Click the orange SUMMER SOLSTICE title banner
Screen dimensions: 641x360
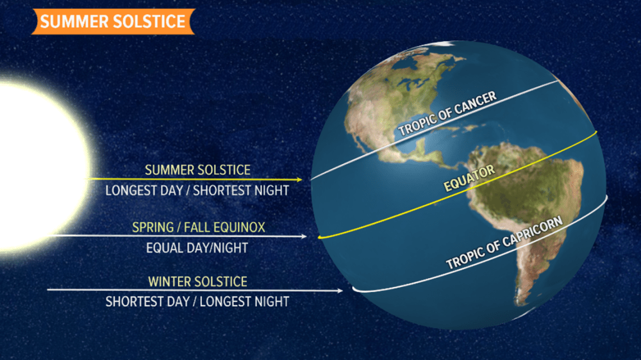113,21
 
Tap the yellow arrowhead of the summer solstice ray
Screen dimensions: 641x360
299,179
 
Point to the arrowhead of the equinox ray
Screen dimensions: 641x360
304,236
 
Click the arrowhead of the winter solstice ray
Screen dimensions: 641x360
340,291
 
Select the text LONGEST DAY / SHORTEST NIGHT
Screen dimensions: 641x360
197,190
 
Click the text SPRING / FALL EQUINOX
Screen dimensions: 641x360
199,227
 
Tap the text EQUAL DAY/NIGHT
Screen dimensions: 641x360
197,248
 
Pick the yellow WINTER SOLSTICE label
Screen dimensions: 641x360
197,282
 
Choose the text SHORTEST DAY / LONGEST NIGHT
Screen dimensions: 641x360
197,302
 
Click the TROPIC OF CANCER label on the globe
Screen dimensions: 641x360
447,113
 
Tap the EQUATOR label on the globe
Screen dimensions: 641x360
469,179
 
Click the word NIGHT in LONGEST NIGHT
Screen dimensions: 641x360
272,302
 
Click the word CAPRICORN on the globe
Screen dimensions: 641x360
532,231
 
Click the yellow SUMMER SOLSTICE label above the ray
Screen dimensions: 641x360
197,170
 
